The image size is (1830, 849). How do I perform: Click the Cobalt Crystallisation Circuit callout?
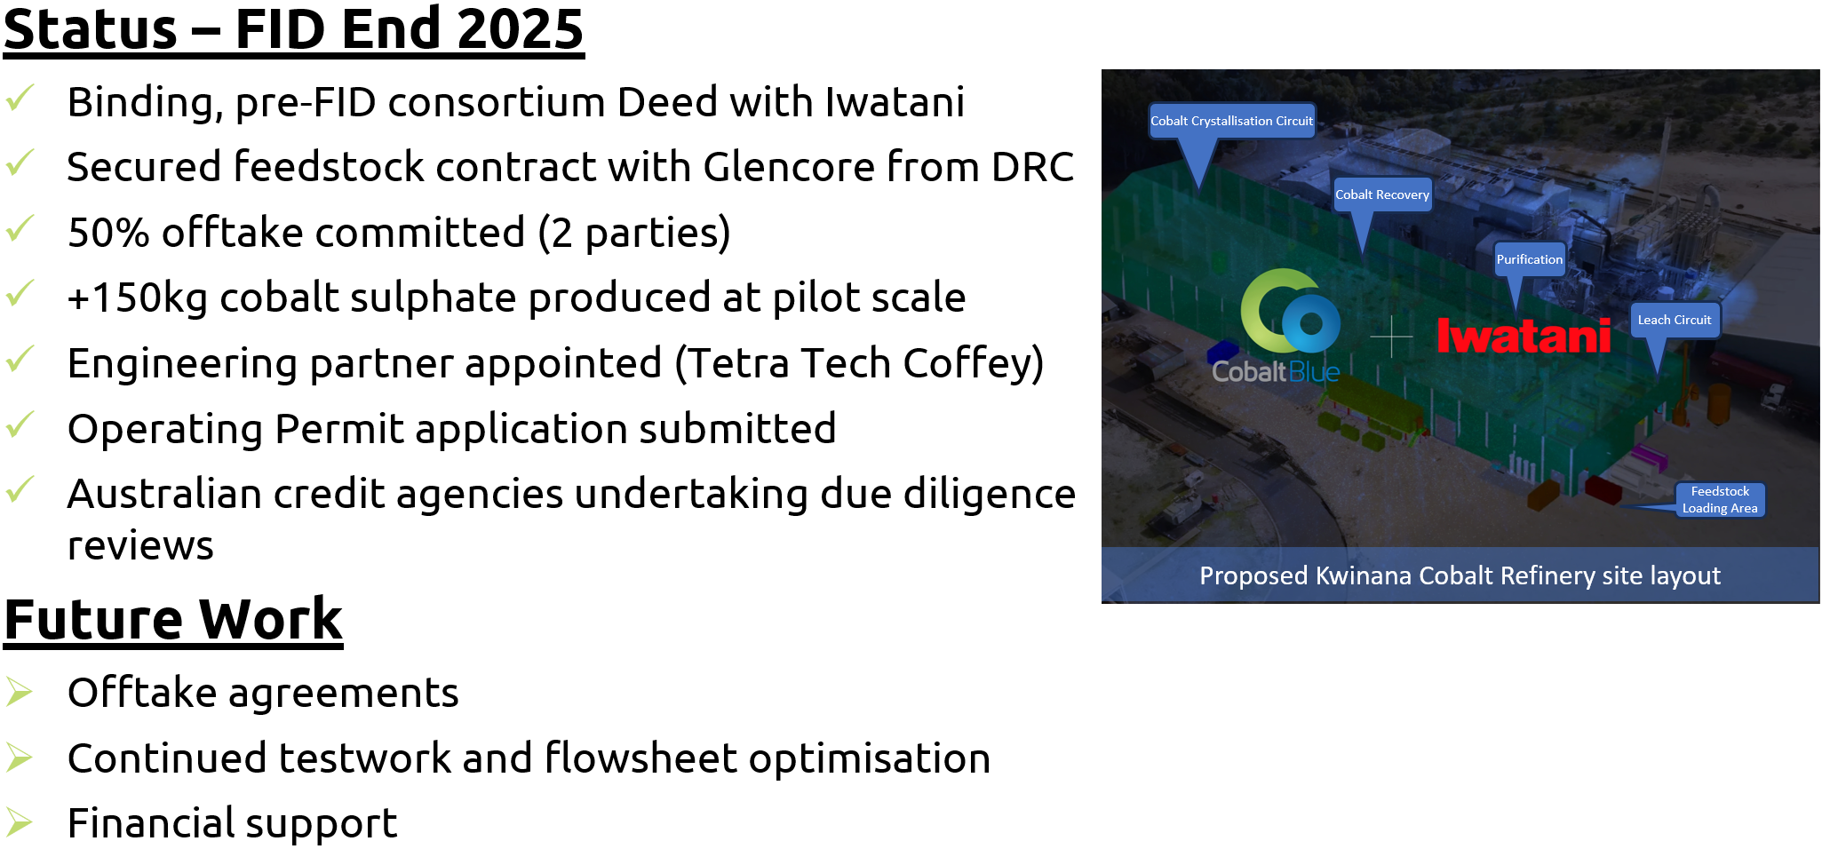pyautogui.click(x=1231, y=121)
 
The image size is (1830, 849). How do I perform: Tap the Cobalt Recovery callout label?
pyautogui.click(x=1382, y=194)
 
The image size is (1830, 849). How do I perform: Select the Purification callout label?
pyautogui.click(x=1529, y=259)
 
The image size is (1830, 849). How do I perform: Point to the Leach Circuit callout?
pyautogui.click(x=1675, y=320)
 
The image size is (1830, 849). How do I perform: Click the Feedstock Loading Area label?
pyautogui.click(x=1720, y=499)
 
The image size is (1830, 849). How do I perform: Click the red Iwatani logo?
pyautogui.click(x=1524, y=336)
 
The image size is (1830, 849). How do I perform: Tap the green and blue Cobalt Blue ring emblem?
pyautogui.click(x=1290, y=313)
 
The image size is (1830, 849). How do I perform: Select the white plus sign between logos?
pyautogui.click(x=1391, y=336)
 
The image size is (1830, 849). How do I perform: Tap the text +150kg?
pyautogui.click(x=137, y=298)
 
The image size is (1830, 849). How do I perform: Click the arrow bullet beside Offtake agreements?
pyautogui.click(x=19, y=692)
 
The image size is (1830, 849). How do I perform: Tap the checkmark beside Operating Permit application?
pyautogui.click(x=20, y=425)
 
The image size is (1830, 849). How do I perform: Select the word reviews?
pyautogui.click(x=140, y=545)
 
